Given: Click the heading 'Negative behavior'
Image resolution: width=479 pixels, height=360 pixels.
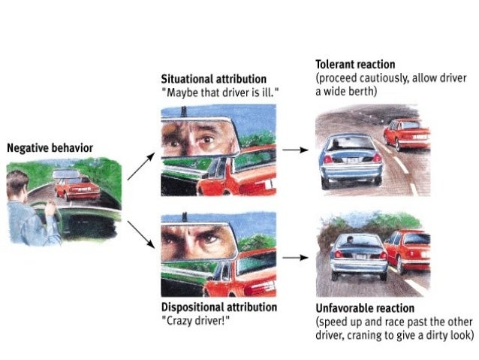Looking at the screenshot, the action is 50,148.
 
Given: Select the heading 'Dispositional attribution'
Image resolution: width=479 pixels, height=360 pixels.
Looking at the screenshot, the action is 218,307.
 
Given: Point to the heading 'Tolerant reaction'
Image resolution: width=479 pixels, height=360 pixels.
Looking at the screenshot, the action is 355,64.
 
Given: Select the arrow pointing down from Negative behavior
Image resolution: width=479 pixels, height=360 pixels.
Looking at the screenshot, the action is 141,234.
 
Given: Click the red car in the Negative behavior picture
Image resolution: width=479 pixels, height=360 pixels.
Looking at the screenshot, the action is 77,188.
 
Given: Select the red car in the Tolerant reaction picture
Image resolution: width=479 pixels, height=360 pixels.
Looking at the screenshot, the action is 406,135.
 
